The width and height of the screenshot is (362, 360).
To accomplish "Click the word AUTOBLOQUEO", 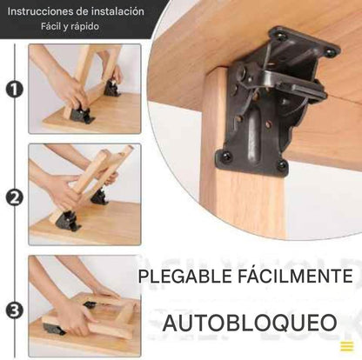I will [250, 323].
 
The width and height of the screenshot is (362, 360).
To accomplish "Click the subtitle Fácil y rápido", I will [70, 27].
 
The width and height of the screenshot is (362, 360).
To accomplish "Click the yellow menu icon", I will [347, 346].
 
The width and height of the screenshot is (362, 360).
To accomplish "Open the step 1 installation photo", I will [85, 89].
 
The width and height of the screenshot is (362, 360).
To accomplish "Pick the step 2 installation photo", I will [85, 195].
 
